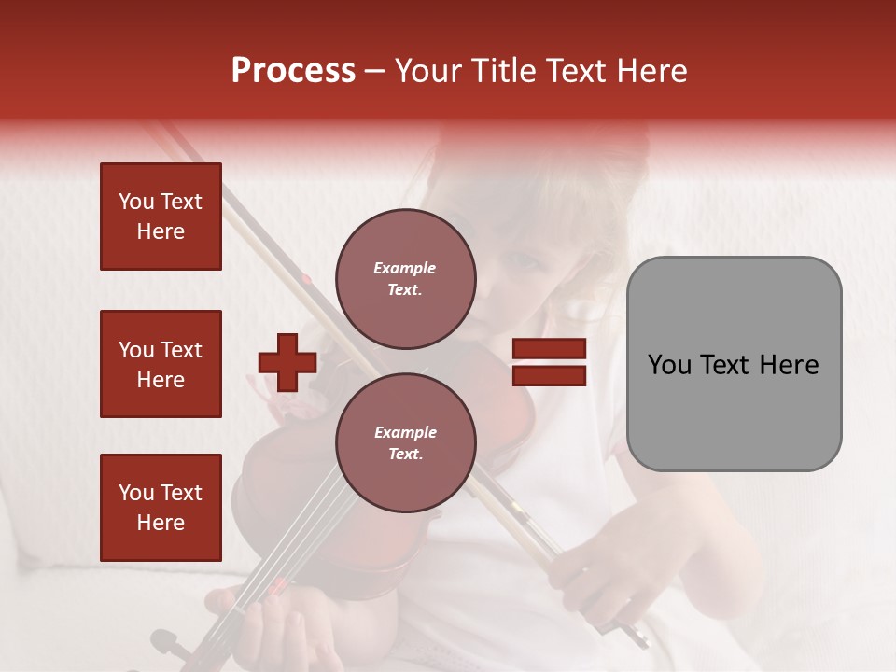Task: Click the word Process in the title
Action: tap(293, 71)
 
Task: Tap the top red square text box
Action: tap(161, 217)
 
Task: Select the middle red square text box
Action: tap(161, 364)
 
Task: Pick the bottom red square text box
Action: tap(161, 507)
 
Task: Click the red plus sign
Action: tap(287, 362)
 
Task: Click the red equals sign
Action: tap(549, 362)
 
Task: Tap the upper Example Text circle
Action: tap(405, 279)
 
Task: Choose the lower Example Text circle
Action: tap(405, 443)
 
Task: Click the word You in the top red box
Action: tap(136, 202)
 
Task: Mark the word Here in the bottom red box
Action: tap(161, 523)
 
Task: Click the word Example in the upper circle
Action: tap(405, 268)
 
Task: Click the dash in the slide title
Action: tap(375, 72)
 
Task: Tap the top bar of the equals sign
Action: tap(549, 349)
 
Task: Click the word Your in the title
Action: tap(427, 71)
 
